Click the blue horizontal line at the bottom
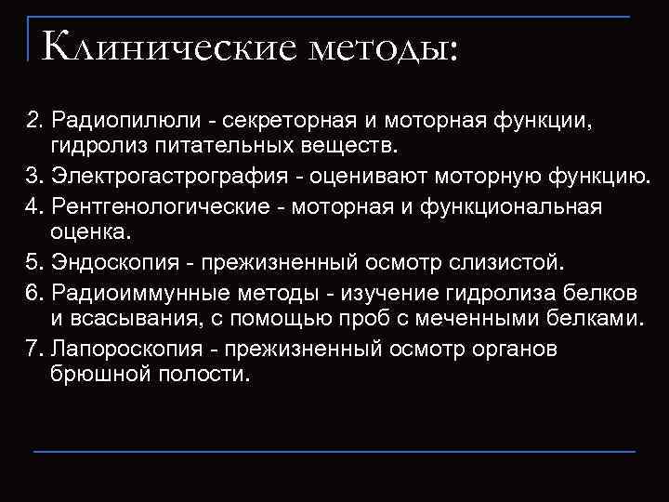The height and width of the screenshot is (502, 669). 334,451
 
